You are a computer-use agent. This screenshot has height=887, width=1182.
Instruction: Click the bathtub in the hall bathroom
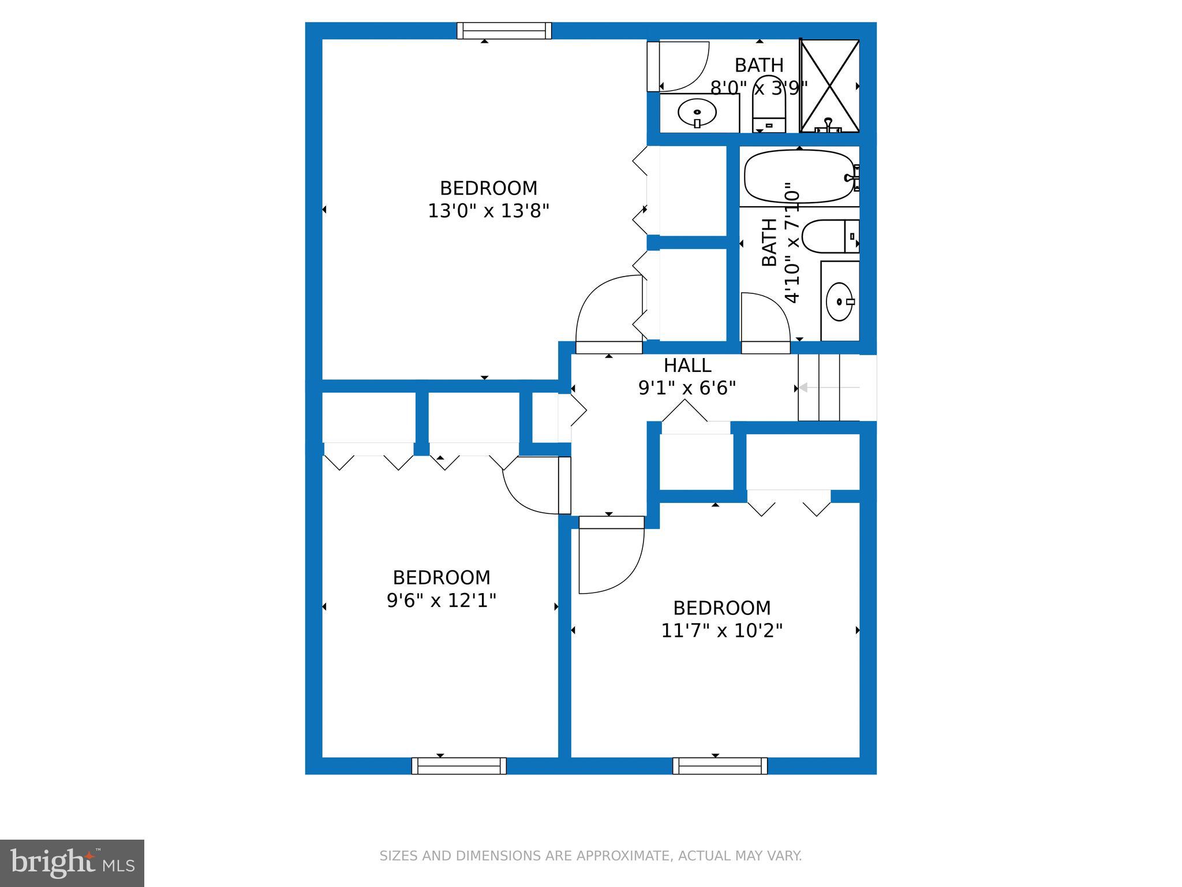pyautogui.click(x=799, y=176)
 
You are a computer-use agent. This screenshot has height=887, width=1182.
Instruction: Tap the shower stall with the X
pyautogui.click(x=829, y=85)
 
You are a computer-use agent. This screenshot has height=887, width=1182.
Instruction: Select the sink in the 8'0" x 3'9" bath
pyautogui.click(x=697, y=113)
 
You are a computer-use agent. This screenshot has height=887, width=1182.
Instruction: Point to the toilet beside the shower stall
pyautogui.click(x=769, y=103)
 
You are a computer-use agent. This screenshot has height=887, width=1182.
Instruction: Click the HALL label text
pyautogui.click(x=687, y=366)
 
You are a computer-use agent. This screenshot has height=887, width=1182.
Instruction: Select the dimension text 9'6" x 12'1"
pyautogui.click(x=441, y=601)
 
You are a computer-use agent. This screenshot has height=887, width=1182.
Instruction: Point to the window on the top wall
pyautogui.click(x=504, y=31)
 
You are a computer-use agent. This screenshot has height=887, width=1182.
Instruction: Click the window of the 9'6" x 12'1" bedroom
pyautogui.click(x=459, y=766)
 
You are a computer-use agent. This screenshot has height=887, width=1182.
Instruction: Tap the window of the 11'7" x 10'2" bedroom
pyautogui.click(x=720, y=766)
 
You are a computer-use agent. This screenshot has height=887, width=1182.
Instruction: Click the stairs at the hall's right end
pyautogui.click(x=837, y=387)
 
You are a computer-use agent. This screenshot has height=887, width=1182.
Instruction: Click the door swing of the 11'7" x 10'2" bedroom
pyautogui.click(x=611, y=555)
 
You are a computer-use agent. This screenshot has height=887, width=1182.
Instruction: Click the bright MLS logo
pyautogui.click(x=72, y=863)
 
